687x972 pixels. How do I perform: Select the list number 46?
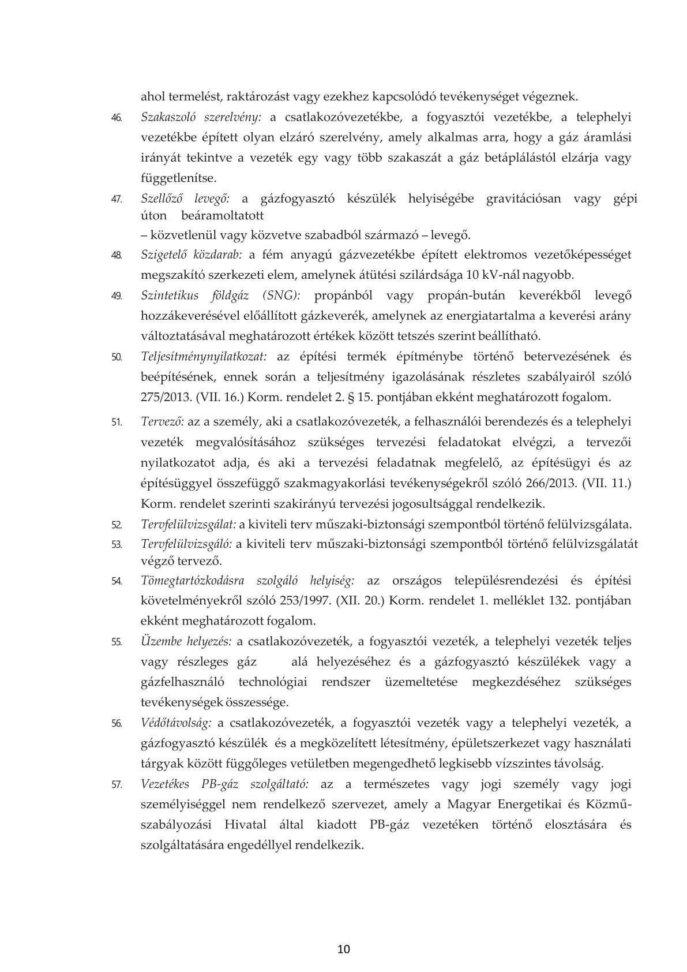click(116, 118)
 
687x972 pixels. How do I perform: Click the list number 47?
click(116, 199)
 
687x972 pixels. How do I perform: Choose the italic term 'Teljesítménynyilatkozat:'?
click(204, 356)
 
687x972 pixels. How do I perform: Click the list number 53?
click(116, 544)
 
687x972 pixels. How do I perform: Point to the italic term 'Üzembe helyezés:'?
click(186, 641)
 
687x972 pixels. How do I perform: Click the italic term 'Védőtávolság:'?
click(176, 723)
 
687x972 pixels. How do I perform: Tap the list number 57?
click(116, 784)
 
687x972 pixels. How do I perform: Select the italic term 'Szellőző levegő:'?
click(185, 199)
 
